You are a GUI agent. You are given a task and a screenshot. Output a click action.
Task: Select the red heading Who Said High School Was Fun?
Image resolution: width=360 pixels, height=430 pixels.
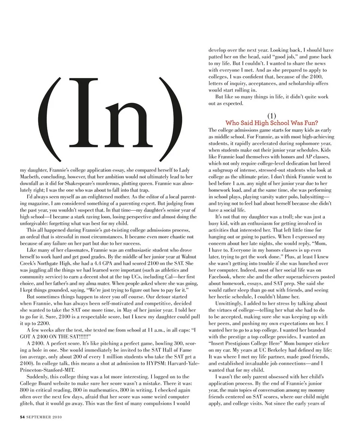271,123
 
